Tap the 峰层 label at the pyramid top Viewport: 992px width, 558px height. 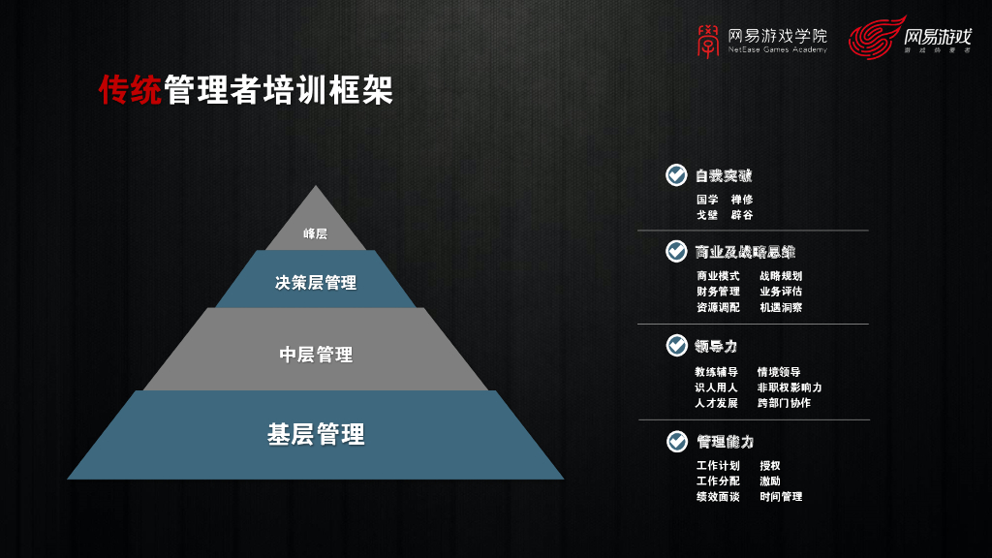315,233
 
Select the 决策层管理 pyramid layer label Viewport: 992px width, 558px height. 315,283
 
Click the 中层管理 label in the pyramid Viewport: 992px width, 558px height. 316,355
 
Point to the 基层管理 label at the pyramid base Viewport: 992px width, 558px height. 316,435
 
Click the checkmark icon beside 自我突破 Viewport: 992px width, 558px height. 676,175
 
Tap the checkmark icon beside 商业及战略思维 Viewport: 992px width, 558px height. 676,252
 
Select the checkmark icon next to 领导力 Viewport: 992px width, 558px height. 676,345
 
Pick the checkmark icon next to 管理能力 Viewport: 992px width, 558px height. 676,442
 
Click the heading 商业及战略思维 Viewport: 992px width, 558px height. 745,252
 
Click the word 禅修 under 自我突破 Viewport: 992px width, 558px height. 742,200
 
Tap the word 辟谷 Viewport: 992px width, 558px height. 742,215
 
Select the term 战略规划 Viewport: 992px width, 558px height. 781,276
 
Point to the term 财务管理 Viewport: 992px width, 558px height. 718,292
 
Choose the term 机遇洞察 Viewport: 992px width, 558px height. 781,307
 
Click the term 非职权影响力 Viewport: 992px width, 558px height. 790,387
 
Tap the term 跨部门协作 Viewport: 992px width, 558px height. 784,403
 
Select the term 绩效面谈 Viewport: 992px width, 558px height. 718,497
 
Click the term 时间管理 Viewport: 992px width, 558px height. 781,497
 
